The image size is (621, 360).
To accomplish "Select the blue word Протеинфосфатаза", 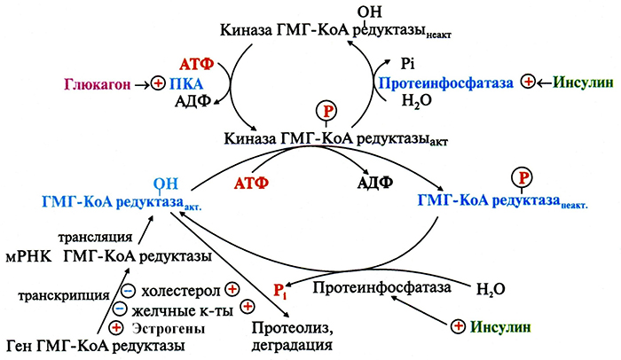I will tap(446, 82).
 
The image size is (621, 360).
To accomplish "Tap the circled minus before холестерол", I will tap(129, 291).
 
